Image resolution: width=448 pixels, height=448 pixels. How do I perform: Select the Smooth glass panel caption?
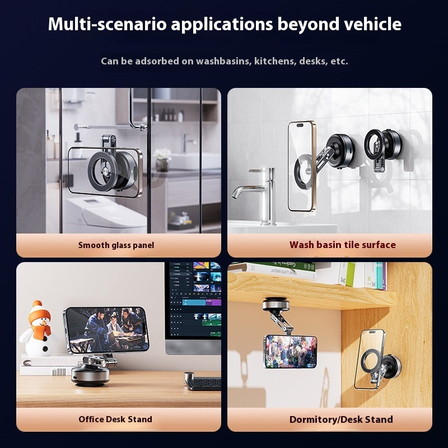pyautogui.click(x=116, y=245)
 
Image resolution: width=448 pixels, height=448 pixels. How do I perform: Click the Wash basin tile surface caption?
pyautogui.click(x=342, y=245)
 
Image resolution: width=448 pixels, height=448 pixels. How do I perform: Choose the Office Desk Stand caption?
pyautogui.click(x=115, y=419)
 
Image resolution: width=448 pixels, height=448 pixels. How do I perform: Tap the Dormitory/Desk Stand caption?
pyautogui.click(x=341, y=419)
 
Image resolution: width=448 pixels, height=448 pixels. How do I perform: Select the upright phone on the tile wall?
pyautogui.click(x=302, y=166)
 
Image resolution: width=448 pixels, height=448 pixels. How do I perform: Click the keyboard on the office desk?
pyautogui.click(x=203, y=384)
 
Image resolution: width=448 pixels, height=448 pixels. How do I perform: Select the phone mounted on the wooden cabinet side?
pyautogui.click(x=370, y=359)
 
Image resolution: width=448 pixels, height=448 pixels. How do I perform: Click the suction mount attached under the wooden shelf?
pyautogui.click(x=275, y=307)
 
